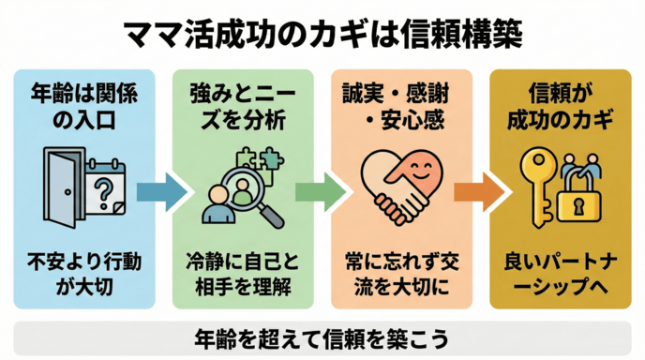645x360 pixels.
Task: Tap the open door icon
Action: click(61, 188)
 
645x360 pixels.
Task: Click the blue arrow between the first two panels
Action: click(160, 191)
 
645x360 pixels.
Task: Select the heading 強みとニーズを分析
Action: click(237, 107)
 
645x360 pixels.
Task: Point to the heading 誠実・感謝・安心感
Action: click(397, 107)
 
